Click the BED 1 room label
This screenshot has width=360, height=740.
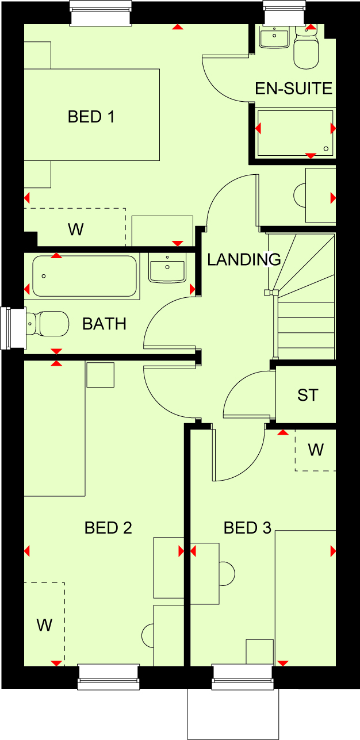tap(91, 117)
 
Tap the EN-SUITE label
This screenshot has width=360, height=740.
tap(294, 89)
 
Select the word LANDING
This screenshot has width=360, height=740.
tap(244, 259)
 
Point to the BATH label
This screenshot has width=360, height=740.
tap(104, 324)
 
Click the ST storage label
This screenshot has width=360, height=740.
tap(308, 395)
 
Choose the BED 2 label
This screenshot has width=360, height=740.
tap(108, 528)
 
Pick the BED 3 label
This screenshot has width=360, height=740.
tap(247, 528)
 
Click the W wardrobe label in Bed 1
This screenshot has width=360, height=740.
tap(76, 229)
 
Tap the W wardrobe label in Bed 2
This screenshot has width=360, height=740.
tap(45, 625)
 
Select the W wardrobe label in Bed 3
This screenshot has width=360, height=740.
tap(316, 450)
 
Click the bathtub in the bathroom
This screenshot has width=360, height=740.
tap(85, 276)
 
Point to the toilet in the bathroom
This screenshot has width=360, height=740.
tap(47, 324)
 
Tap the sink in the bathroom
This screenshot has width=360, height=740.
tap(167, 267)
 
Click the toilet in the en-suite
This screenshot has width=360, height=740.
tap(306, 48)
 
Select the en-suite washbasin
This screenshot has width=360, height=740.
tap(274, 36)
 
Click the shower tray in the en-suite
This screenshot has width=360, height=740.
tap(295, 133)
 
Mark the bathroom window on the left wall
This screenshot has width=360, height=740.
tap(13, 328)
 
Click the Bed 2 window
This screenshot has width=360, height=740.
tap(108, 677)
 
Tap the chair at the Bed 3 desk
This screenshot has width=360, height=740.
tap(227, 573)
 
